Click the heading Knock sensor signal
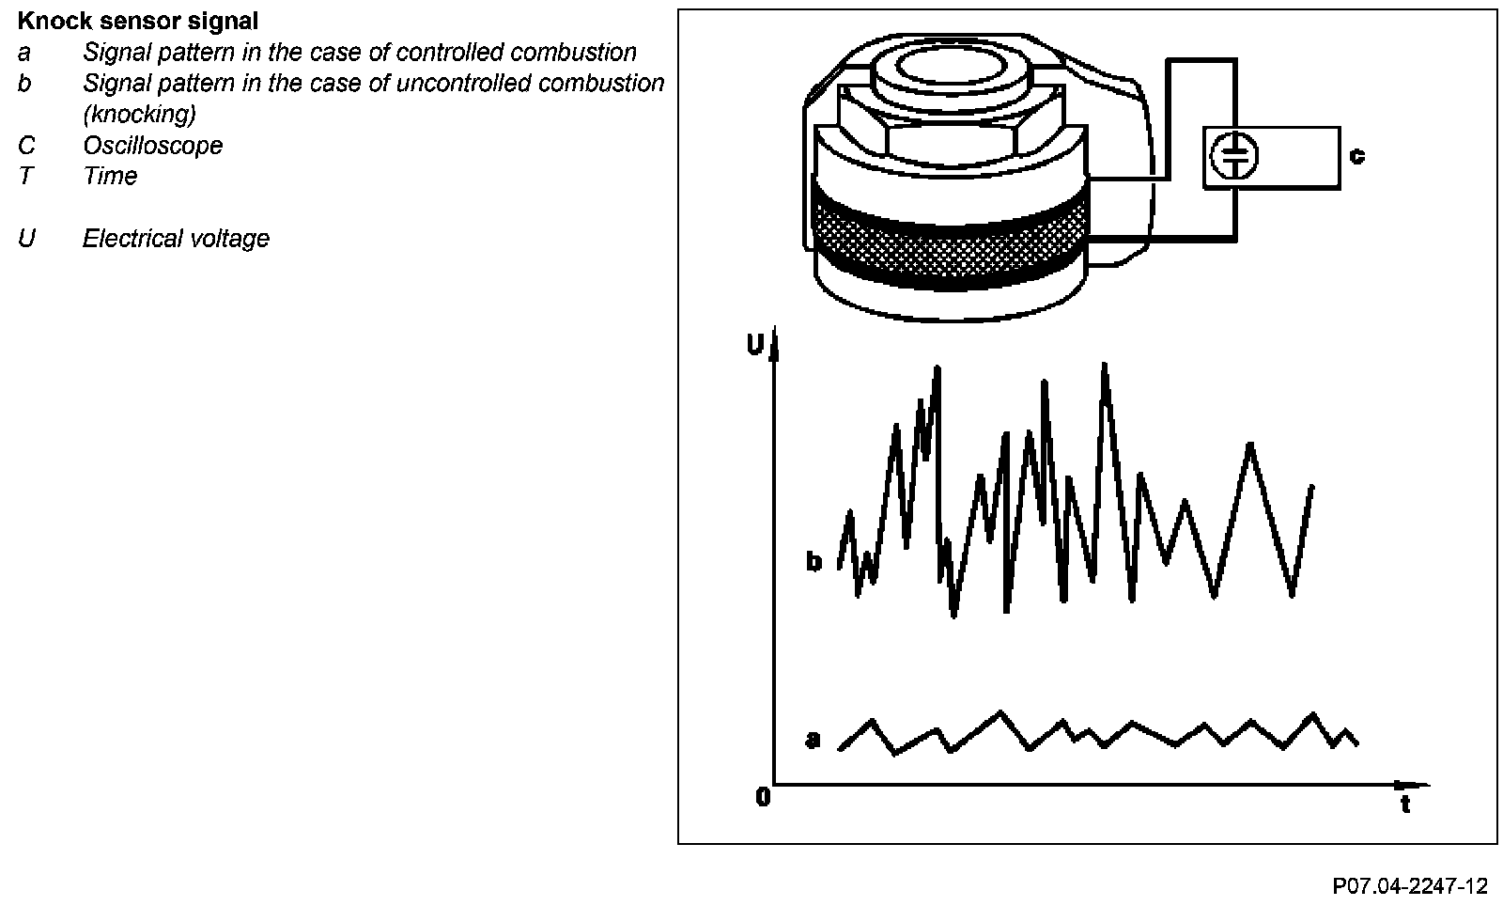pos(138,20)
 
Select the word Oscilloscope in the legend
pos(152,146)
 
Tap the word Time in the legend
pos(110,177)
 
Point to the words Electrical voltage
pos(176,239)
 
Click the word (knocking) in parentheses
pos(139,115)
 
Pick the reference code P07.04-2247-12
pos(1409,886)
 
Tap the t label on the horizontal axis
pos(1405,804)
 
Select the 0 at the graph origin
pos(763,798)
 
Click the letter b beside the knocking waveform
pos(813,562)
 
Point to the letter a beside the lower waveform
pos(813,740)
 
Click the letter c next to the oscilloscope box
pos(1356,155)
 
